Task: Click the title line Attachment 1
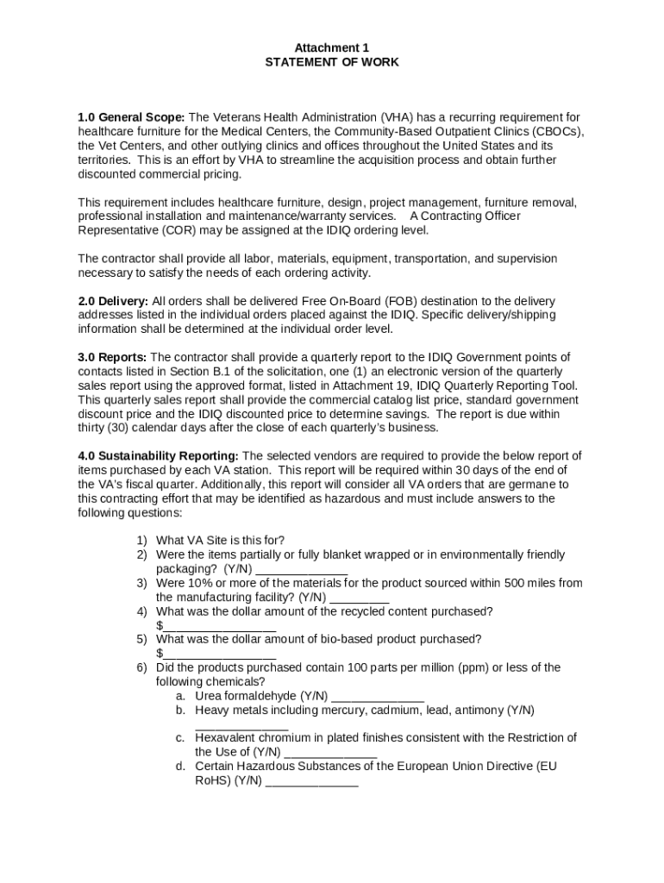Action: coord(332,48)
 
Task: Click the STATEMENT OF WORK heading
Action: coord(332,62)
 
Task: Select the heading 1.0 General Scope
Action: coord(131,117)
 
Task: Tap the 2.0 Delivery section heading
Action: coord(113,301)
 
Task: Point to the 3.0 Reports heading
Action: coord(112,357)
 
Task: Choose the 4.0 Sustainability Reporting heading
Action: coord(159,456)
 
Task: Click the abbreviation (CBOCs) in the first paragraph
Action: coord(555,132)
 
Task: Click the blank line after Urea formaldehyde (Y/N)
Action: coord(378,697)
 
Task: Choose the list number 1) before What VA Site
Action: coord(141,541)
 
